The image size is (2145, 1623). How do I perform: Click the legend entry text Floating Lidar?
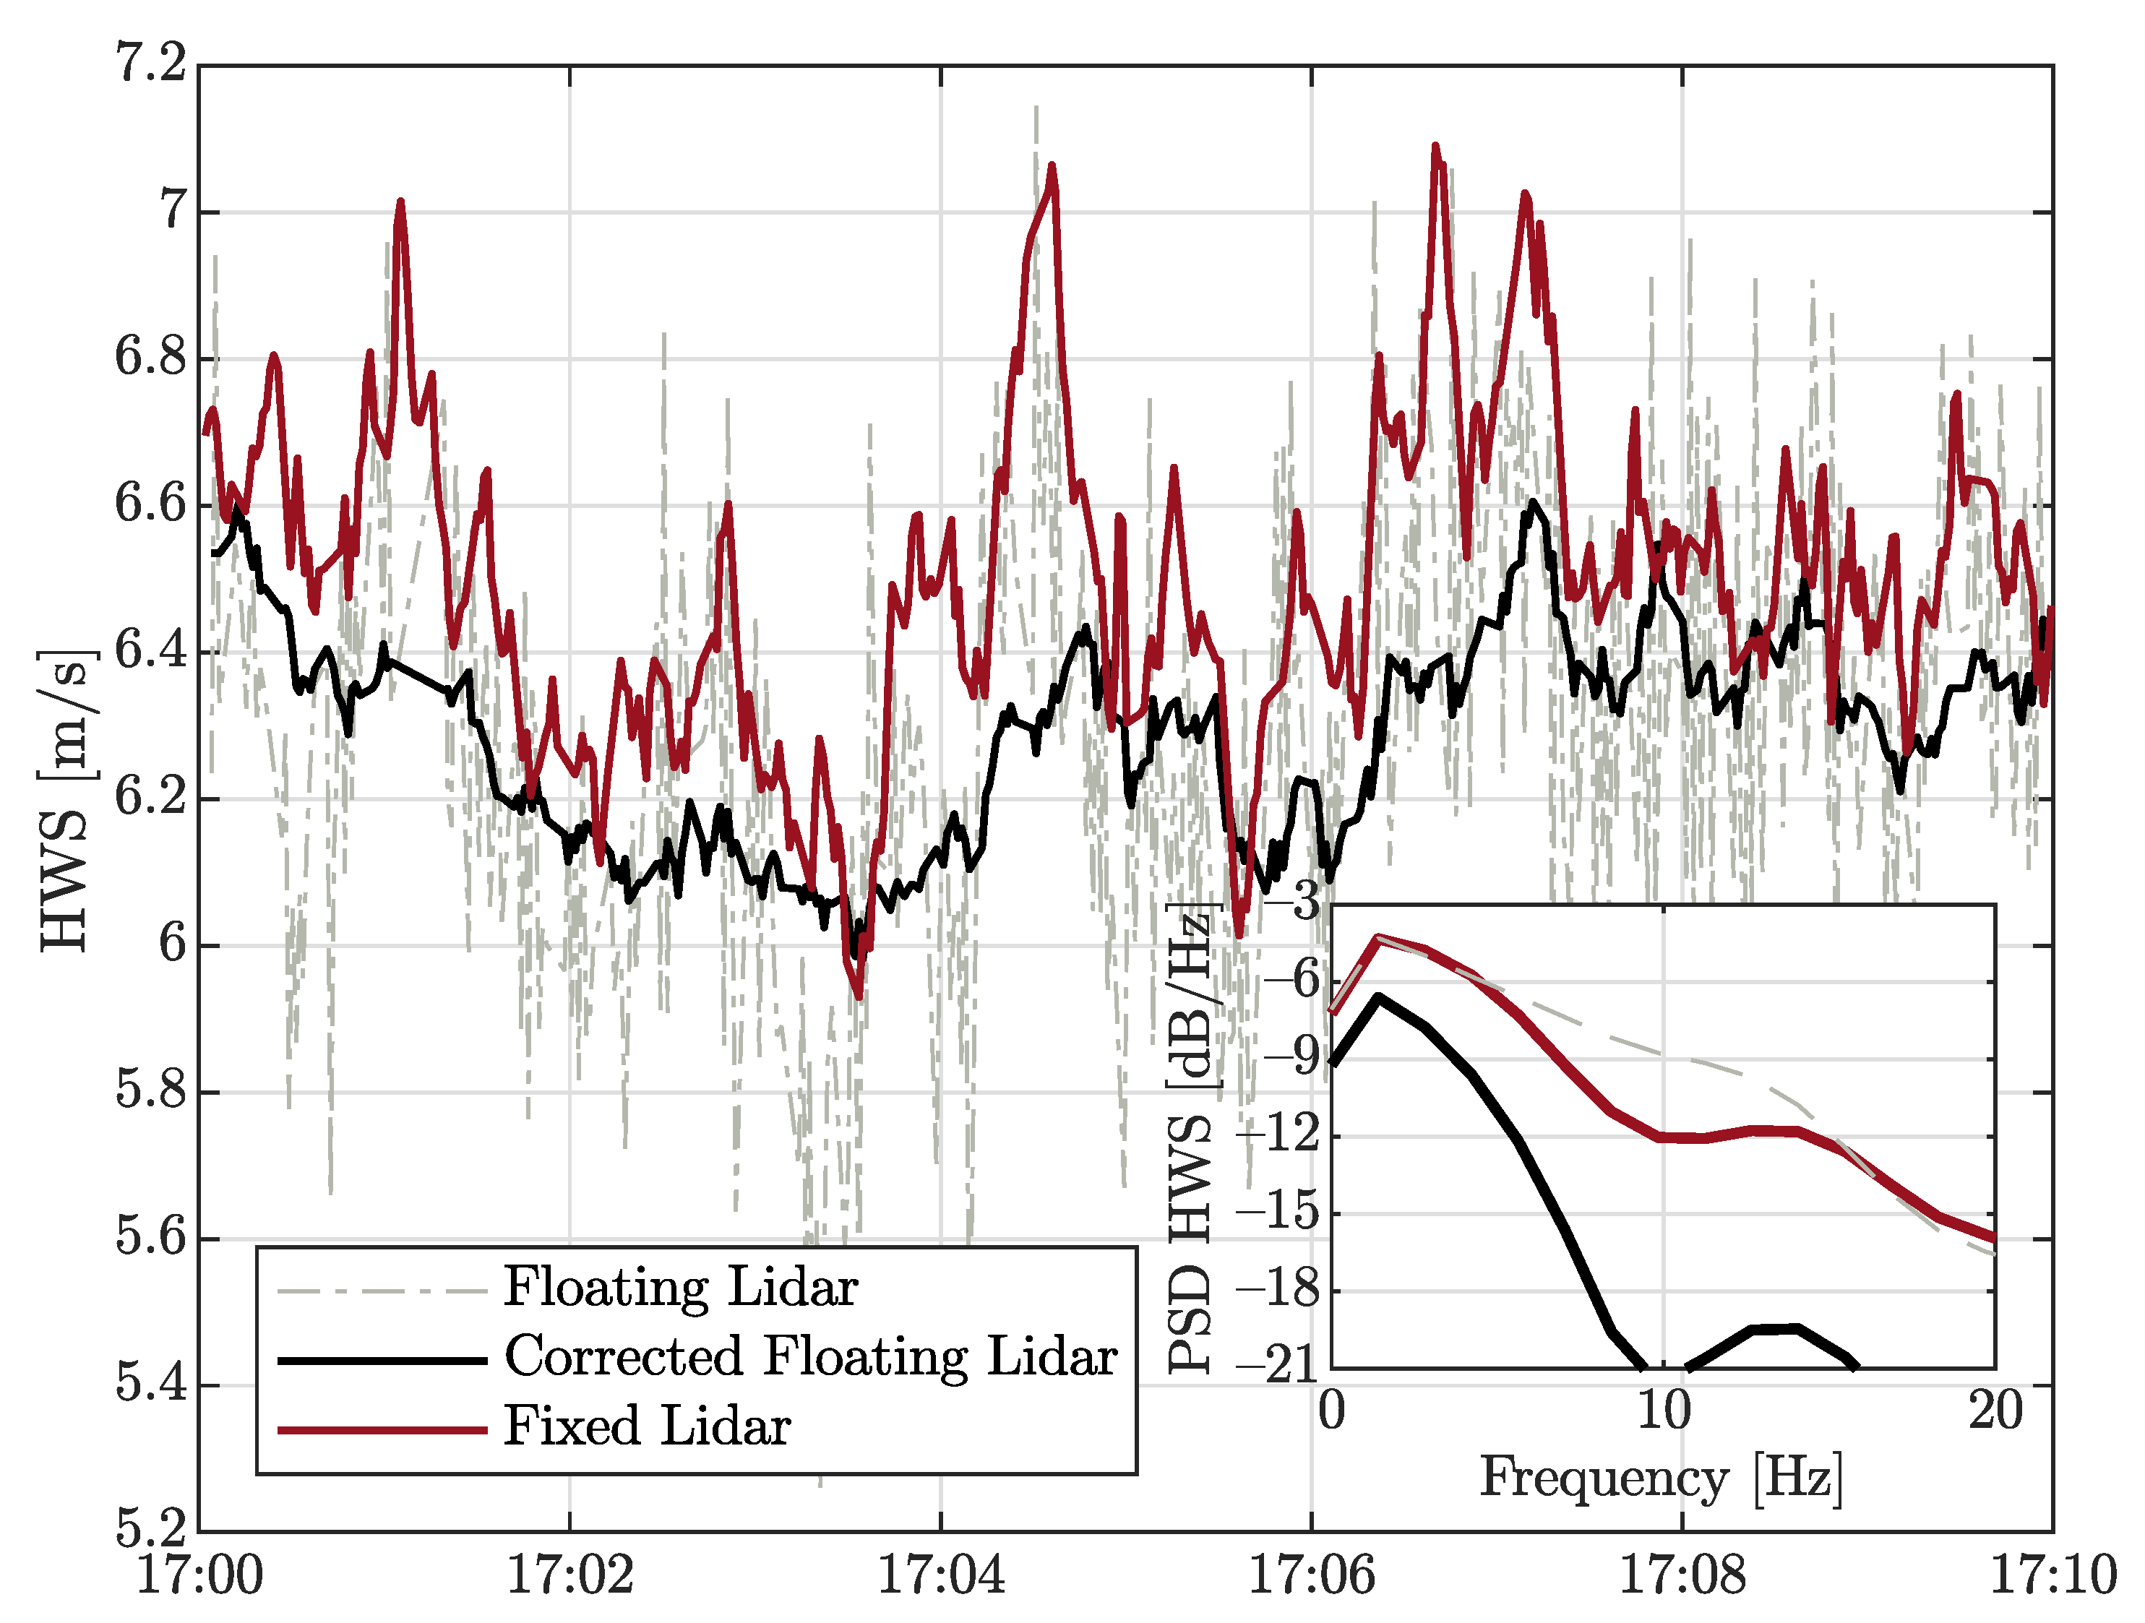(680, 1288)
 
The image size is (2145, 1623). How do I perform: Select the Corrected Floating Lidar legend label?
(811, 1357)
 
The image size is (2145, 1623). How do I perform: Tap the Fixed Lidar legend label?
(647, 1427)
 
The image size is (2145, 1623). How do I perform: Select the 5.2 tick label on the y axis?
(151, 1529)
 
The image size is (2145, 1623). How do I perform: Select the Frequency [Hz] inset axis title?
(1661, 1478)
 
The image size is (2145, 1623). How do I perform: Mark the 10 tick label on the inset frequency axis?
(1663, 1411)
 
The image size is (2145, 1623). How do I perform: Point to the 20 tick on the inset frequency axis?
(1995, 1411)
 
